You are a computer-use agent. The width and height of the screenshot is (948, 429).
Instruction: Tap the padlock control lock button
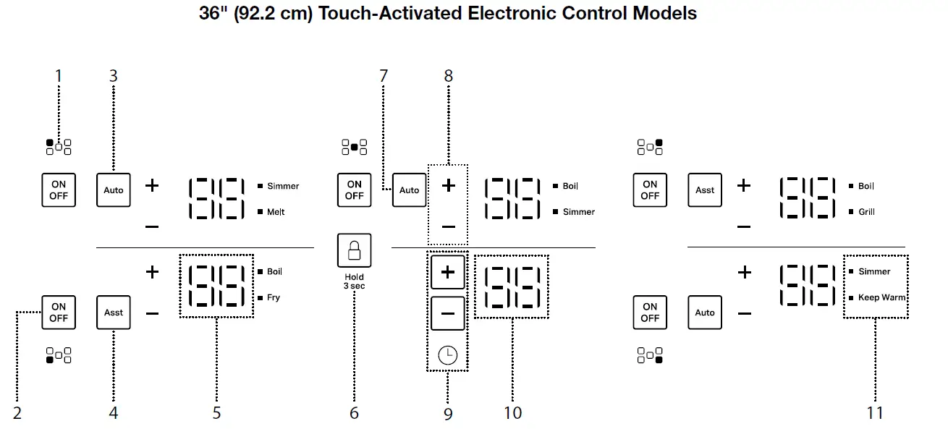tap(354, 251)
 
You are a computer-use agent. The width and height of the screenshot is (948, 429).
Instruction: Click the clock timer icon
tap(448, 355)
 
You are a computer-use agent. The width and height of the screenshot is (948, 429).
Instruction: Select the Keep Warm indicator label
tap(881, 297)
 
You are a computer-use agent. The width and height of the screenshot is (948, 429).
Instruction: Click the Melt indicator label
tap(276, 212)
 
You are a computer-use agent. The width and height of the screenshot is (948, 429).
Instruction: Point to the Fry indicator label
tap(274, 297)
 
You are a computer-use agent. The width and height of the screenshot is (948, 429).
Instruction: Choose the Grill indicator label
tap(866, 212)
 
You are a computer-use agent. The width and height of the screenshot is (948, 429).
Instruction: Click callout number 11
tap(875, 413)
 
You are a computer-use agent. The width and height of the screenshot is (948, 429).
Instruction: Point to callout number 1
tap(59, 76)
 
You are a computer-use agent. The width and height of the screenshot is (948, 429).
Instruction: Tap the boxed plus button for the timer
tap(448, 273)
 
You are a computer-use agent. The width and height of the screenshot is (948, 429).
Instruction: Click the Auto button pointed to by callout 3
tap(114, 190)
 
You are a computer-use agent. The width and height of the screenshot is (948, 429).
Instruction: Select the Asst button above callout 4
tap(114, 313)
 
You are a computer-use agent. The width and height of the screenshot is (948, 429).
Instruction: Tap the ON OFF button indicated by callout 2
tap(59, 313)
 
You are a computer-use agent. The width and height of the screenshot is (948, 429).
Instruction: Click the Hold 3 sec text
tap(354, 281)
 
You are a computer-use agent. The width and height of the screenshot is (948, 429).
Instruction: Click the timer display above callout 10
tap(512, 286)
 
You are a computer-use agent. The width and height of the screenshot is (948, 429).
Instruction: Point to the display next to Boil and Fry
tap(216, 286)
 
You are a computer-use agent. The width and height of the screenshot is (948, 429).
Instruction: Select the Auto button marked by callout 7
tap(409, 190)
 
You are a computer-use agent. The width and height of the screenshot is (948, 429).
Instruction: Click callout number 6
tap(354, 413)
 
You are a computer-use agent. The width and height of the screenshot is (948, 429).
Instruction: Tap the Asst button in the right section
tap(705, 190)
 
